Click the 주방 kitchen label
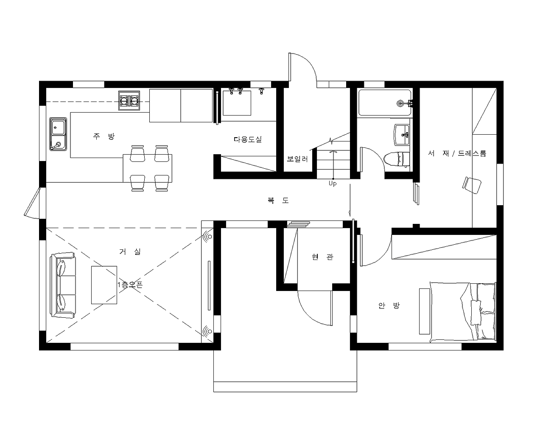pos(104,136)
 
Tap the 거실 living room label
pos(130,251)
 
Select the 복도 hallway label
pos(278,201)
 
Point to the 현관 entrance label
pos(322,257)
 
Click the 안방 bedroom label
pos(389,306)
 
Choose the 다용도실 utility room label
pos(247,139)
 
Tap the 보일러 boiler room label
pos(297,159)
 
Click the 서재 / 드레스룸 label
pos(457,153)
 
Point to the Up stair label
pos(333,184)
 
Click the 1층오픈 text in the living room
pos(130,285)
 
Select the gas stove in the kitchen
pos(129,101)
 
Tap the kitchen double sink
pos(58,134)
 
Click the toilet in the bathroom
pos(396,159)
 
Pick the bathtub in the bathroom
pos(385,103)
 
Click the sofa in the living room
pos(63,285)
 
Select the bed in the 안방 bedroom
pos(463,312)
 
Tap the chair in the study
pos(472,185)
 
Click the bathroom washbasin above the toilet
pos(402,135)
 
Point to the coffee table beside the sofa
pos(104,285)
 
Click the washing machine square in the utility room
pos(237,103)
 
